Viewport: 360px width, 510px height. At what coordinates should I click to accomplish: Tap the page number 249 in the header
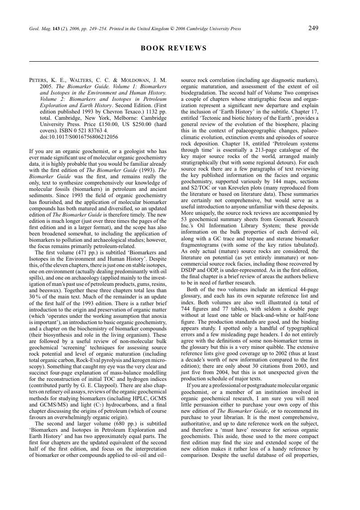[314, 28]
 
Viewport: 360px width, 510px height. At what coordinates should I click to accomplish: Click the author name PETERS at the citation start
[39, 80]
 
